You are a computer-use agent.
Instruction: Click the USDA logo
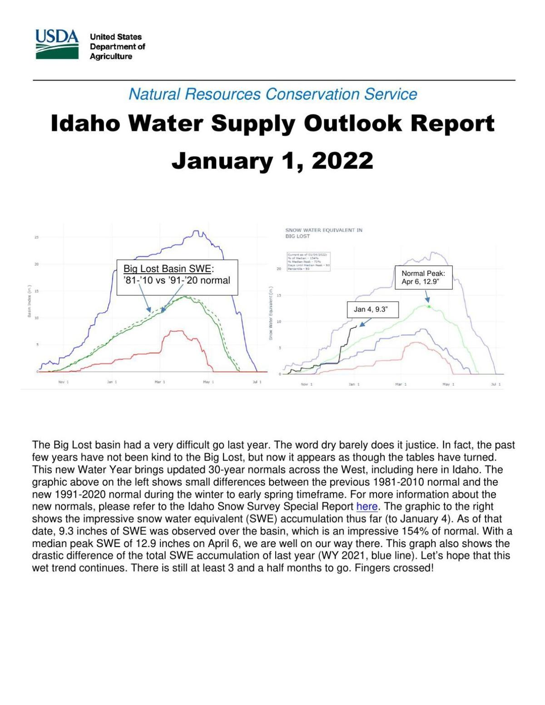(57, 44)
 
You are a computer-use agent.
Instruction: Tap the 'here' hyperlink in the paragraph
(367, 506)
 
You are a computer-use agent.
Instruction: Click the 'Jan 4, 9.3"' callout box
(373, 310)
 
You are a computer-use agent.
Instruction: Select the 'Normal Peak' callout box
(423, 278)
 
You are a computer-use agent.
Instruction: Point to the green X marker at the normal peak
(429, 307)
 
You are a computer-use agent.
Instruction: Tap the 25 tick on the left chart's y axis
(36, 237)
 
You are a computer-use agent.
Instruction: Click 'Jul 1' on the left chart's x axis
(257, 382)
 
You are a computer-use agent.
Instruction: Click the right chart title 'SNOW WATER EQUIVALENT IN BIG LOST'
(323, 233)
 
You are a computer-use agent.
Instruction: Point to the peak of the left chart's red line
(175, 331)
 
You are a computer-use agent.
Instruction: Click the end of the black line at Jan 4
(356, 325)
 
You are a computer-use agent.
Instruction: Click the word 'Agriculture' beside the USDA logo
(111, 56)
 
